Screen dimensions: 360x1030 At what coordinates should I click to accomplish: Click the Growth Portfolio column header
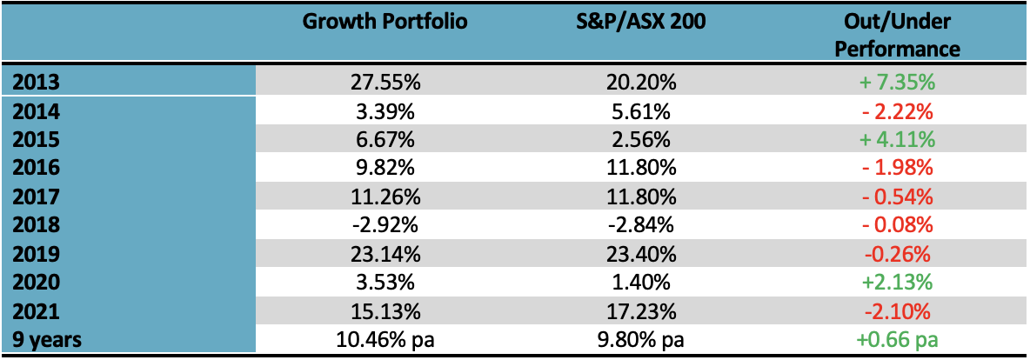coord(385,22)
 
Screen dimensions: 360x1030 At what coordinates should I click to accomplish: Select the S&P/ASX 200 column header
coord(642,22)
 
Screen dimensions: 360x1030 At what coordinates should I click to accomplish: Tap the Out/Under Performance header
coord(897,35)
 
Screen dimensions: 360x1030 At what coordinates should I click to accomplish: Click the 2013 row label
coord(32,83)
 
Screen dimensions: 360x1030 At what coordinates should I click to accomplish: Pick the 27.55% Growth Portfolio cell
coord(385,83)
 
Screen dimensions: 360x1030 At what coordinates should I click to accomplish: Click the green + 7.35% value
coord(897,83)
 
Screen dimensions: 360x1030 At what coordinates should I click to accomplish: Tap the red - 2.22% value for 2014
coord(897,111)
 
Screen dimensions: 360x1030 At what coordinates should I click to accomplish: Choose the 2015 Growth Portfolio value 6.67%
coord(385,140)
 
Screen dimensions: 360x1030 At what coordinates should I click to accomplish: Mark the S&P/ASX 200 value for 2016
coord(642,169)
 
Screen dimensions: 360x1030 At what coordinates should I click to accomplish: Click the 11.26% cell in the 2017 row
coord(385,197)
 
